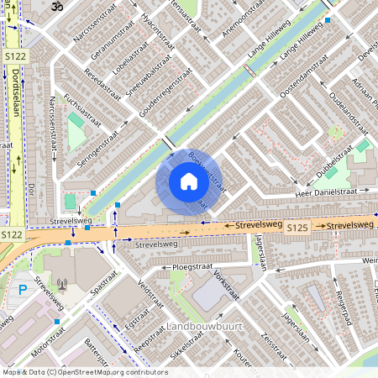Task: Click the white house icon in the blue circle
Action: [x=189, y=181]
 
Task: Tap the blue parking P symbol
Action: [x=23, y=290]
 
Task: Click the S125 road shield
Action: [x=297, y=228]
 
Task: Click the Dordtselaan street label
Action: [x=16, y=97]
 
